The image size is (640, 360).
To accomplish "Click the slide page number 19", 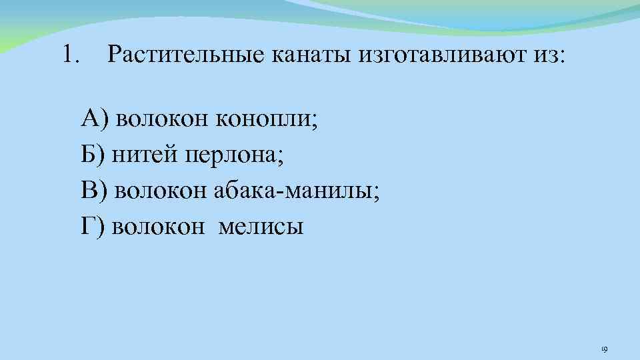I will [604, 348].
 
